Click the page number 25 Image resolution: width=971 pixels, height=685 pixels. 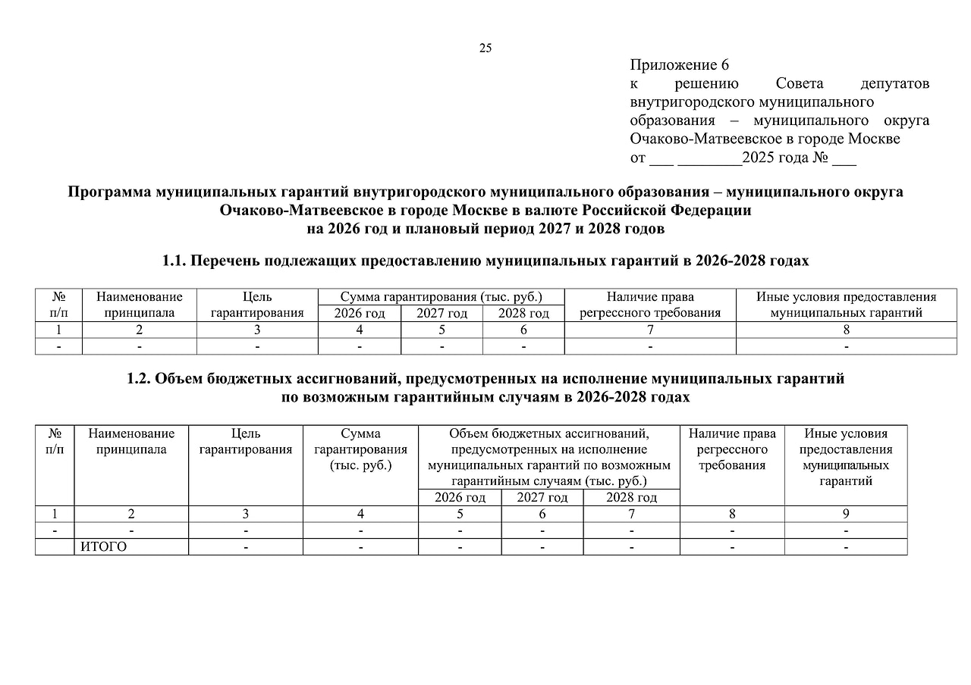coord(485,48)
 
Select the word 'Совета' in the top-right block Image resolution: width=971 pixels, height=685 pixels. coord(800,83)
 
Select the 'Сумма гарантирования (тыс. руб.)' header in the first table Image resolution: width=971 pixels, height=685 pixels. coord(441,297)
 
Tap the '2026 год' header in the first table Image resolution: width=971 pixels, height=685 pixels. coord(360,313)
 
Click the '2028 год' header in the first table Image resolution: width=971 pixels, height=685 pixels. coord(523,313)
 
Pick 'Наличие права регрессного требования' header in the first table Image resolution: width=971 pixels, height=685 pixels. coord(650,305)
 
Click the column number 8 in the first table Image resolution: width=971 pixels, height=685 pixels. coord(846,330)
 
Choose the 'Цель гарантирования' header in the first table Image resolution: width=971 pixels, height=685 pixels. coord(257,305)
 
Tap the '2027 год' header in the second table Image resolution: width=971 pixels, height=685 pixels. coord(542,498)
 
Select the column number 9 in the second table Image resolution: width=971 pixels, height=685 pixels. coord(846,514)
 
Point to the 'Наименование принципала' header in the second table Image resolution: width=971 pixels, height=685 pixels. coord(131,442)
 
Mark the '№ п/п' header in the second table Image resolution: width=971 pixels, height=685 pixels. coord(55,442)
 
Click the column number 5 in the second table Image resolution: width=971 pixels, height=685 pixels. coord(460,514)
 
